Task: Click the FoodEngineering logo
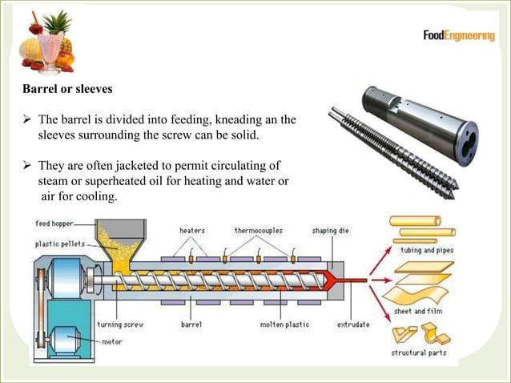click(458, 36)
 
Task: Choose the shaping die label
click(329, 231)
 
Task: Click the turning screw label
click(120, 325)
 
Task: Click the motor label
click(111, 340)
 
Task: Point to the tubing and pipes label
click(427, 250)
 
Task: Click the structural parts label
click(419, 353)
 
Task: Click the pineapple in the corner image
click(58, 28)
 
